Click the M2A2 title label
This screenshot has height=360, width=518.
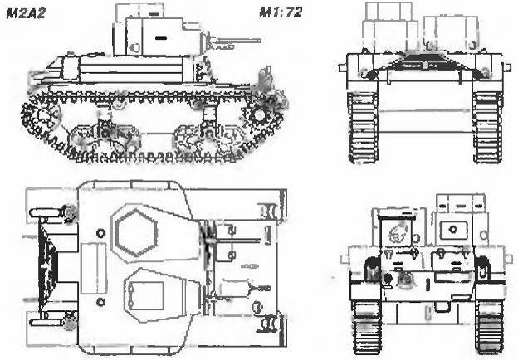coord(26,13)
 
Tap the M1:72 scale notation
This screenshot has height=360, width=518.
coord(280,12)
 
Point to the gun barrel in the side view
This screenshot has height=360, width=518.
coord(236,41)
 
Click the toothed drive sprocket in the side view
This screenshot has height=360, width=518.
coord(258,114)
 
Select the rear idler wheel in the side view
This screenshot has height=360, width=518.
coord(42,115)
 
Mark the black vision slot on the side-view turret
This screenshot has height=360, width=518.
coord(160,38)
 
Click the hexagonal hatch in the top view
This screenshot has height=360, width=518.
coord(136,233)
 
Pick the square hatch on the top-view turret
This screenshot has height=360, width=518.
coord(147,295)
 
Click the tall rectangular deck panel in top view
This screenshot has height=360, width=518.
coord(94,268)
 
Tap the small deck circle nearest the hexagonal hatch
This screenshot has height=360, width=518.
coord(100,233)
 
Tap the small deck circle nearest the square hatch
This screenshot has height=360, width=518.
coord(100,302)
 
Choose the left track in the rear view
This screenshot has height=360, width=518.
coord(363,128)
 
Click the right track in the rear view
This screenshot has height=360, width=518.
coord(488,128)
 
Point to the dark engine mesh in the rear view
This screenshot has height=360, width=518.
coord(424,61)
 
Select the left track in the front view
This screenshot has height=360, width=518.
coord(367,326)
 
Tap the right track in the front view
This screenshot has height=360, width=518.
coord(490,326)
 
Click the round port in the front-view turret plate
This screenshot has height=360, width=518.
coord(453,229)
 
